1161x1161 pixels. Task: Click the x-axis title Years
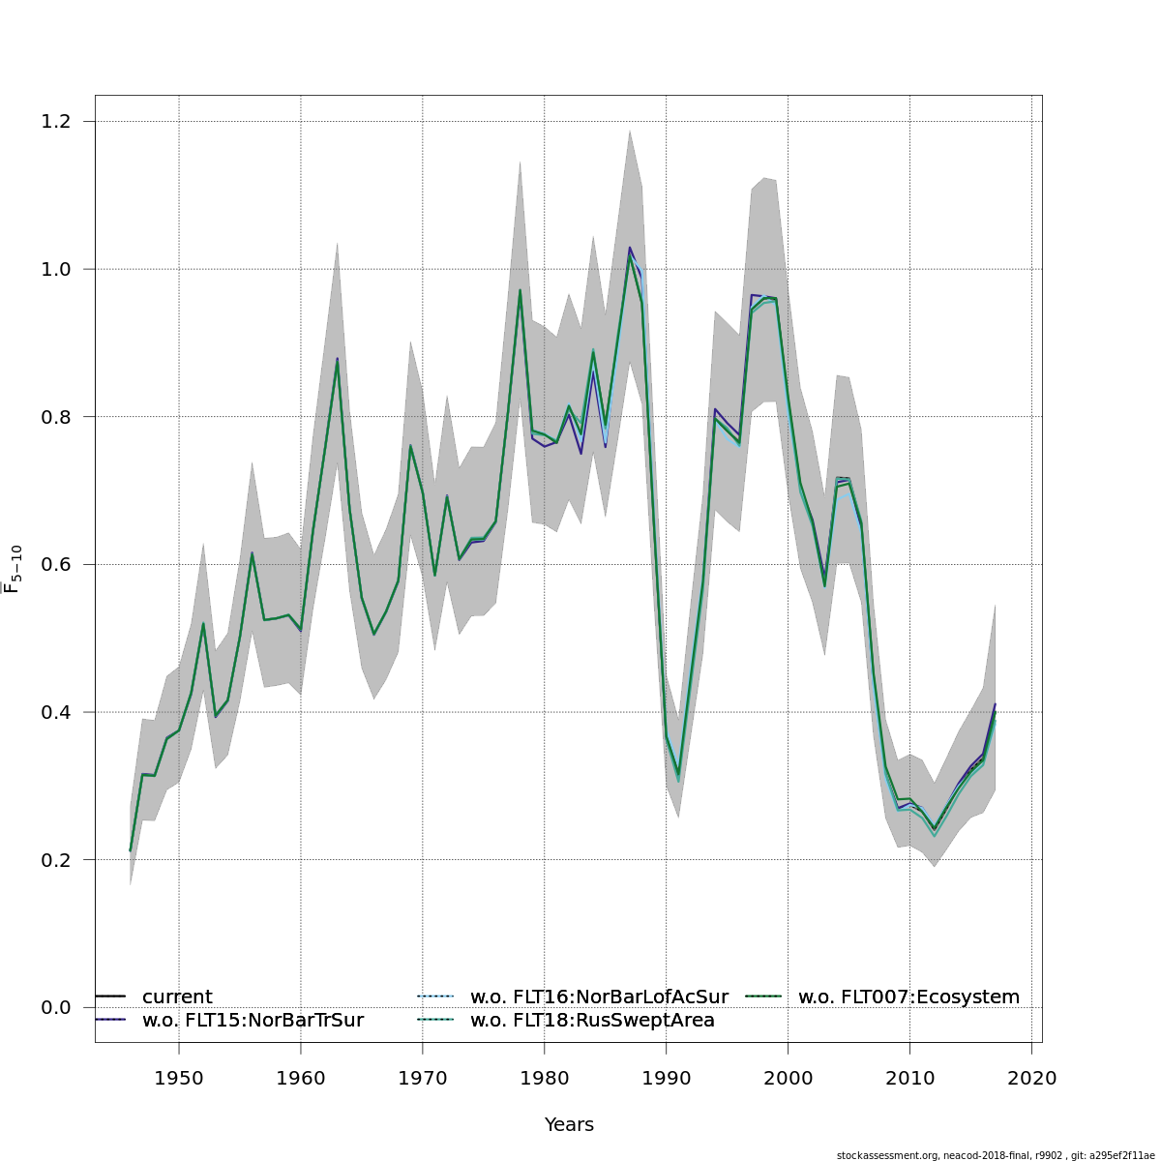point(569,1124)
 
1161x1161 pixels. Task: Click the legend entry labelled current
point(177,997)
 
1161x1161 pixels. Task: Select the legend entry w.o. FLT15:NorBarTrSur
point(253,1020)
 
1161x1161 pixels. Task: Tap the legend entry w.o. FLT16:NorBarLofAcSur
point(599,997)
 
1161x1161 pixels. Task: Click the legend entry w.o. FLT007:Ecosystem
point(908,997)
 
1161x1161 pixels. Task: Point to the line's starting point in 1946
point(131,850)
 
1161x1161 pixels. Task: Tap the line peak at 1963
point(337,361)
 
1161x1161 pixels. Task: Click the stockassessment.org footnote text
point(996,1155)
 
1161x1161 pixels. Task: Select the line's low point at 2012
point(935,830)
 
